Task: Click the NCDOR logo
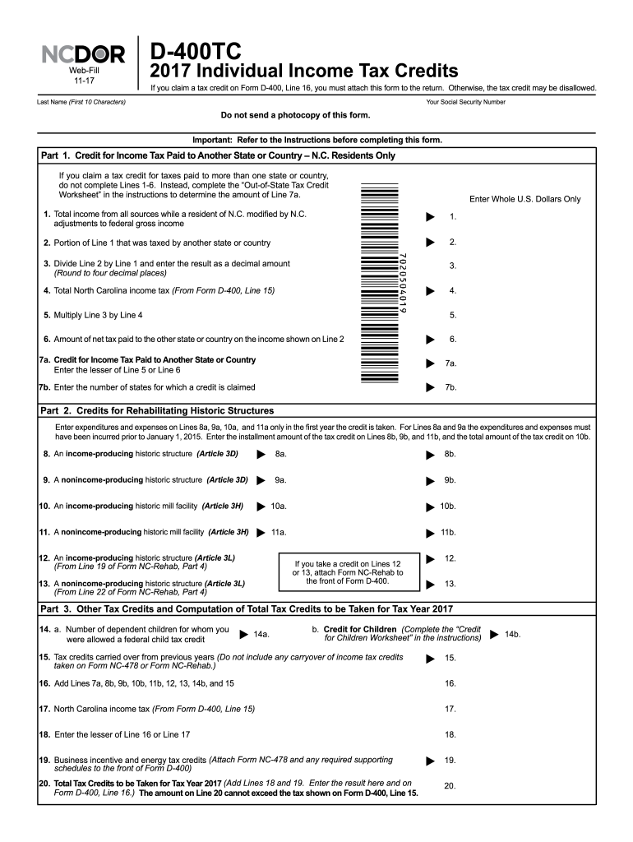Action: click(84, 55)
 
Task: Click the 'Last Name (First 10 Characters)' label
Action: click(81, 102)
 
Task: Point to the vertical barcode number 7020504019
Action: click(402, 283)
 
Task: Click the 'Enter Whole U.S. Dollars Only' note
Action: click(524, 199)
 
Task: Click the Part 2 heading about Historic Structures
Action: click(157, 410)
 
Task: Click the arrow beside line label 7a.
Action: click(429, 363)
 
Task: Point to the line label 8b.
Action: click(450, 454)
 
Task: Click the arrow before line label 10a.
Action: click(261, 507)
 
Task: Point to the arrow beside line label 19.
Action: click(429, 760)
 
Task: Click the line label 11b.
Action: click(448, 532)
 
